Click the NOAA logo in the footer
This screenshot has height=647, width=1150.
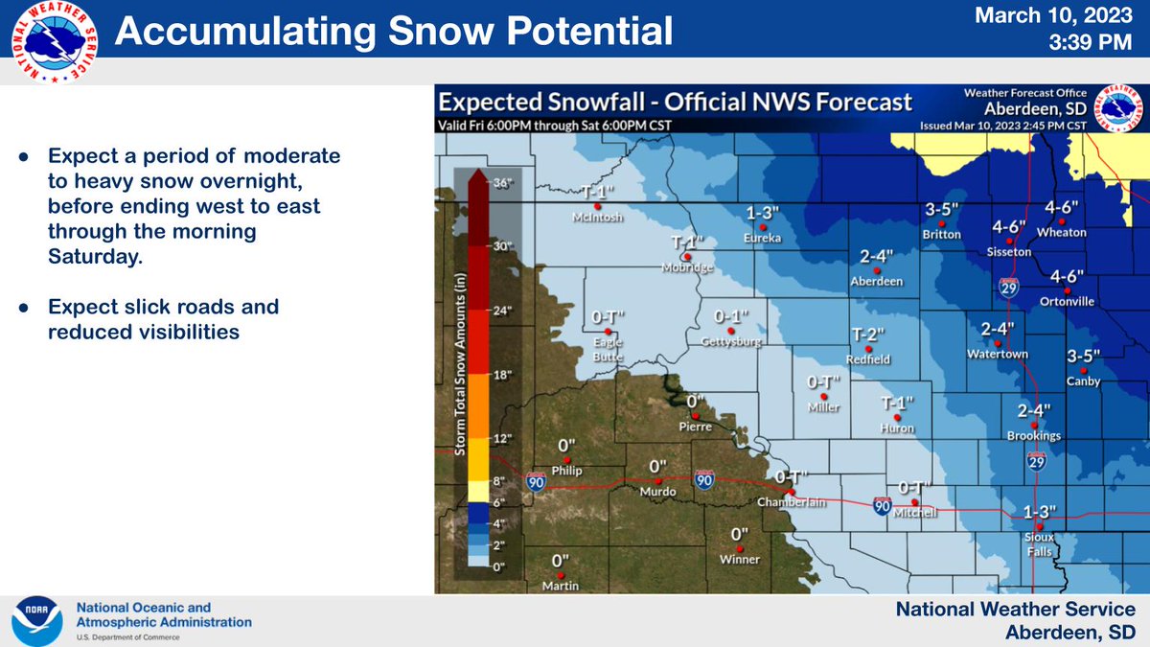pos(35,620)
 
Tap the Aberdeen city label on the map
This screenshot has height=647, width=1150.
pos(876,281)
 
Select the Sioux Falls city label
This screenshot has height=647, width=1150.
pos(1038,544)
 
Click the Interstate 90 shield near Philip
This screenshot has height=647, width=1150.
pos(533,484)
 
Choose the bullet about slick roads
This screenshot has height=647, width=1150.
pos(163,319)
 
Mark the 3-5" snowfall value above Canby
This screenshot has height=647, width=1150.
pos(1083,357)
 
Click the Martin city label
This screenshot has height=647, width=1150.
pos(561,586)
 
